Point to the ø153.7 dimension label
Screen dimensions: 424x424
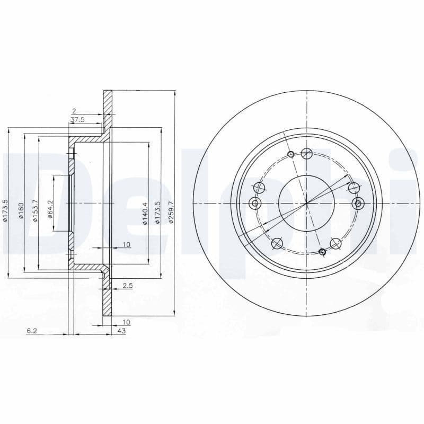click(x=35, y=211)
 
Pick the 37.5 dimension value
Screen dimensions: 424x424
click(x=77, y=120)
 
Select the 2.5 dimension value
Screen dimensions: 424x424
click(x=127, y=286)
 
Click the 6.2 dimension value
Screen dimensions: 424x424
click(x=32, y=331)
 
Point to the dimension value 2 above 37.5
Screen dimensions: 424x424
click(x=74, y=111)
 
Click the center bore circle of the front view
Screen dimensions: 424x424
click(x=306, y=203)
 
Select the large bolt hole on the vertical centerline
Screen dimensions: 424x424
click(x=306, y=154)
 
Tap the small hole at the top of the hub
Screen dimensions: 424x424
click(x=290, y=154)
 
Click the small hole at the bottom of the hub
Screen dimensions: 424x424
click(x=322, y=251)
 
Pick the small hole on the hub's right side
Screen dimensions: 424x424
click(x=358, y=203)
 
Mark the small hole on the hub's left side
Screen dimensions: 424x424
click(x=255, y=204)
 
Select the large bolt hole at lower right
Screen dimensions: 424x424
click(x=336, y=243)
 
